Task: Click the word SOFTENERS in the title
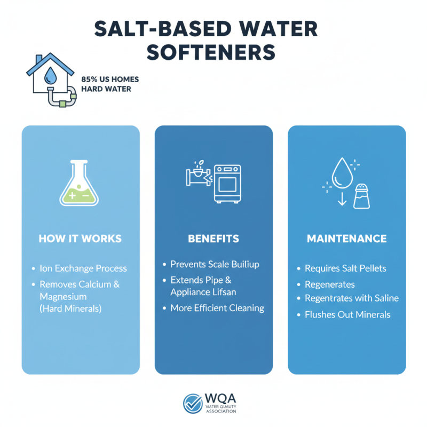click(x=213, y=52)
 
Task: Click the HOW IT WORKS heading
click(x=80, y=239)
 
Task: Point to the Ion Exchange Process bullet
click(x=83, y=268)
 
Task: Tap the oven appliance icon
click(x=228, y=183)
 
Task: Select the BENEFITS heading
click(x=213, y=239)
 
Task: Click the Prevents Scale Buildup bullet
click(x=213, y=264)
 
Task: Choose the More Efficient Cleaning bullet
click(x=217, y=308)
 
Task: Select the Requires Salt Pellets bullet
click(x=345, y=268)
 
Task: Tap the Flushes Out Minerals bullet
click(x=347, y=314)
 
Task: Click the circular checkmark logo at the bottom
click(x=192, y=404)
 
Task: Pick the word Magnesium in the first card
click(x=63, y=296)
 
